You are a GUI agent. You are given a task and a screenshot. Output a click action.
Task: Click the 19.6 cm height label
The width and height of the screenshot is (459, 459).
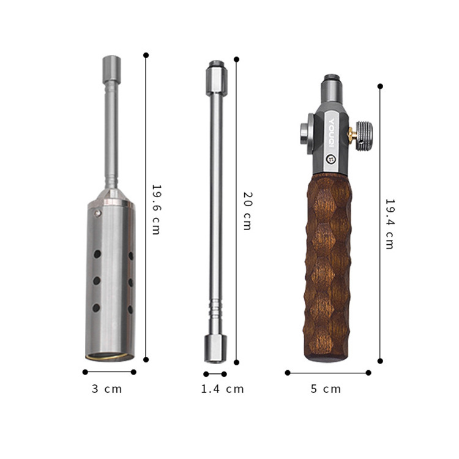tap(156, 209)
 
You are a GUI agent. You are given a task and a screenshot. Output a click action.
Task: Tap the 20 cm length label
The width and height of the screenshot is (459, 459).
tap(247, 211)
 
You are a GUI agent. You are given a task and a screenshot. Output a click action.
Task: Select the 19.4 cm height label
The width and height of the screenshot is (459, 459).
tap(390, 224)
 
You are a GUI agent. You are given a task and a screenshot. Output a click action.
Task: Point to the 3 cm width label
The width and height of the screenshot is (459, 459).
tap(106, 389)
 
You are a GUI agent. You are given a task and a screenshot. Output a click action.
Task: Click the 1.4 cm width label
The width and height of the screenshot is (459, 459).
tap(223, 389)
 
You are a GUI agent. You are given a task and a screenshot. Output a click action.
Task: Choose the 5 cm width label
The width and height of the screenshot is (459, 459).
tap(326, 389)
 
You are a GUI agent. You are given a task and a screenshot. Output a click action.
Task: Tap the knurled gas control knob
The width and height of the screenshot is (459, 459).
tap(364, 136)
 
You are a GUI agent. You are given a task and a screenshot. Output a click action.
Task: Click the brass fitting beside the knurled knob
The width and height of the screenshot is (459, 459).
tap(352, 134)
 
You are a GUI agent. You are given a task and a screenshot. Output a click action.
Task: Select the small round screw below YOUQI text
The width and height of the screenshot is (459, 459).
tap(331, 159)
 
